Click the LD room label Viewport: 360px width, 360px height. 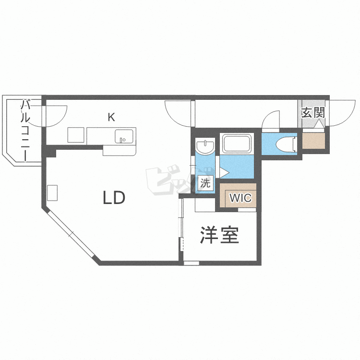114,197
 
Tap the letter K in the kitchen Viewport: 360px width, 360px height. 111,116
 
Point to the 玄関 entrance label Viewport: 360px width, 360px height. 313,113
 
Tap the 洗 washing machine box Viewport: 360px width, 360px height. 205,182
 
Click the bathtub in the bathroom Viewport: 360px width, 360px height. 236,143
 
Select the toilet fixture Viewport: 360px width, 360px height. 288,143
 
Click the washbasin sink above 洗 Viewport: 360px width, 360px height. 206,146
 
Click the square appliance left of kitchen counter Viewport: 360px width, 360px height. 75,135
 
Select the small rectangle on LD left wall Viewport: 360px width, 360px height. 52,192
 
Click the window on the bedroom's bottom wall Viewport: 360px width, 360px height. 191,263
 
